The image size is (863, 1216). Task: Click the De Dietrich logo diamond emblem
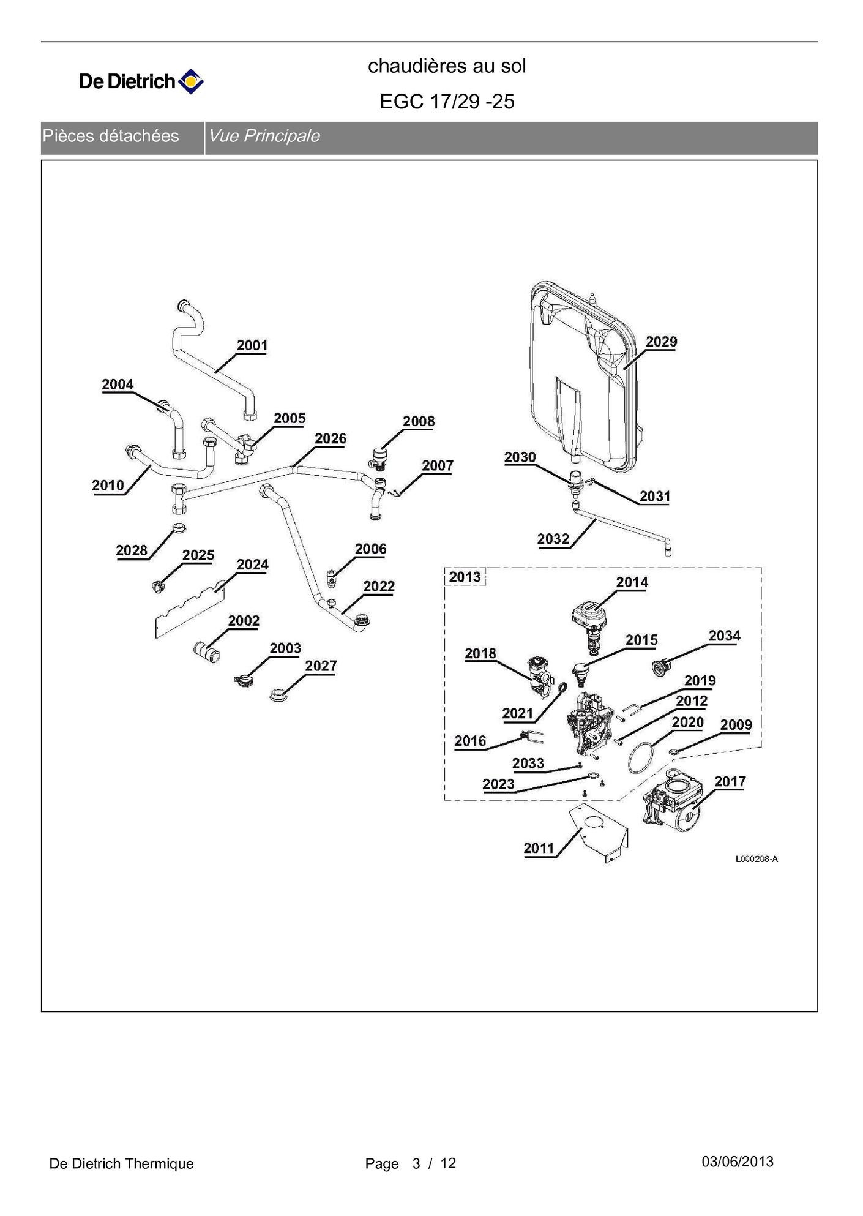[x=190, y=81]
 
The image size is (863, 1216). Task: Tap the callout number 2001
[x=252, y=345]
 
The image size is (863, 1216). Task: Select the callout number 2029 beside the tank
[x=661, y=342]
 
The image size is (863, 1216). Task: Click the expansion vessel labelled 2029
[x=581, y=380]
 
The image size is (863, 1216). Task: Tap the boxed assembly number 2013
[x=465, y=577]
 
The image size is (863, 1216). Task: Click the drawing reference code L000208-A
[x=757, y=859]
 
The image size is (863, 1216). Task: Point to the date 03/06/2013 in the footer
[x=737, y=1162]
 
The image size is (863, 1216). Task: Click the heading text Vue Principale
[x=264, y=136]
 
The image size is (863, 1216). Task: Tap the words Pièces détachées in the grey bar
[x=111, y=136]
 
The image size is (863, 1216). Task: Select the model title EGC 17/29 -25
[x=447, y=102]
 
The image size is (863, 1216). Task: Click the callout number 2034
[x=724, y=636]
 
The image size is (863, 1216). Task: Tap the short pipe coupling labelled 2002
[x=207, y=651]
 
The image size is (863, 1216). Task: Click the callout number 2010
[x=108, y=486]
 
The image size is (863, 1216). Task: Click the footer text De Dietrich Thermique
[x=121, y=1163]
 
